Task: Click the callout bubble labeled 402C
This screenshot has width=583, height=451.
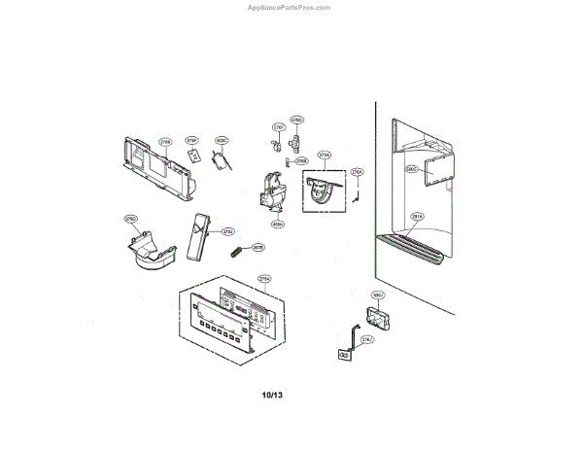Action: click(x=221, y=141)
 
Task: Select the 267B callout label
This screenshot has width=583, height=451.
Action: click(x=258, y=248)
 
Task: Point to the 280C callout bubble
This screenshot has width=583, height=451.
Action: click(x=411, y=169)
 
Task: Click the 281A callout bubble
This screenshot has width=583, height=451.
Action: click(x=417, y=217)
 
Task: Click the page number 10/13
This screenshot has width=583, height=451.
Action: click(x=272, y=396)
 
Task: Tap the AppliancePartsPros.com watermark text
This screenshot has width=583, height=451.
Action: click(x=291, y=6)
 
